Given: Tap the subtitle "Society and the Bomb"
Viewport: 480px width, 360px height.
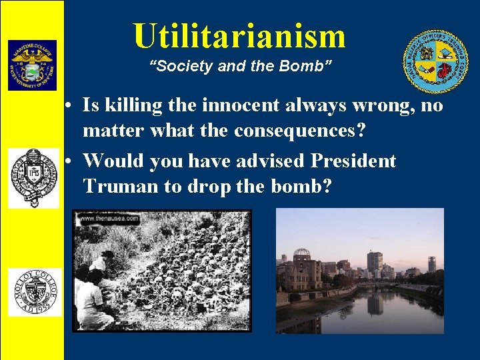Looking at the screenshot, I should pyautogui.click(x=239, y=67).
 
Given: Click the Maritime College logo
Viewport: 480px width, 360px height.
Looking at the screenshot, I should pyautogui.click(x=32, y=65).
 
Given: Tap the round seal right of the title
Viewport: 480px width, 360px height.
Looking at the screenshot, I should pyautogui.click(x=435, y=62).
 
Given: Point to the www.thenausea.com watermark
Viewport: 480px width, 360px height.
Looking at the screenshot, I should pyautogui.click(x=109, y=218).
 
